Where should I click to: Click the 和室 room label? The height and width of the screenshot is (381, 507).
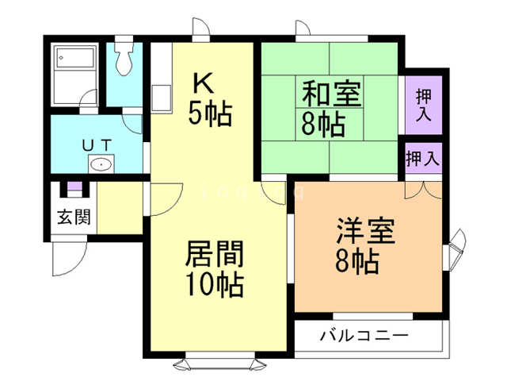(x=330, y=94)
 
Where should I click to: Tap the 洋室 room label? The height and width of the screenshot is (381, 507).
(x=365, y=230)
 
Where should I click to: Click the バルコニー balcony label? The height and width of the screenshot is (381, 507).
(x=364, y=336)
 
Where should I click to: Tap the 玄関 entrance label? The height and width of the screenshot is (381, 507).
(x=72, y=217)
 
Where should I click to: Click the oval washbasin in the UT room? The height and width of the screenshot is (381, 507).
(x=101, y=165)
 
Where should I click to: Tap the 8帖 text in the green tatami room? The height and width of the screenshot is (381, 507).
(x=322, y=124)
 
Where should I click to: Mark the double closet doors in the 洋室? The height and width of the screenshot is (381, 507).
(x=419, y=190)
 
